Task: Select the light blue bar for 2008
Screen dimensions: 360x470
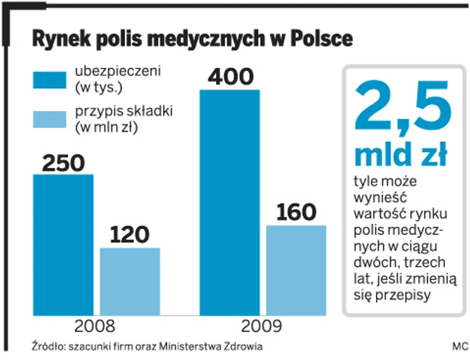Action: [x=130, y=281]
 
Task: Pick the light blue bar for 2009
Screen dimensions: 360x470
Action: [x=296, y=270]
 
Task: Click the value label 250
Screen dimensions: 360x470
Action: [x=63, y=163]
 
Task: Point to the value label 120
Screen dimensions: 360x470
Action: [x=130, y=236]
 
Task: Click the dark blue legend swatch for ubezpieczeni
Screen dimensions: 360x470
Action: [x=50, y=79]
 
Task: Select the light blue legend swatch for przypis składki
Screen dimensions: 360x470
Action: [x=50, y=119]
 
